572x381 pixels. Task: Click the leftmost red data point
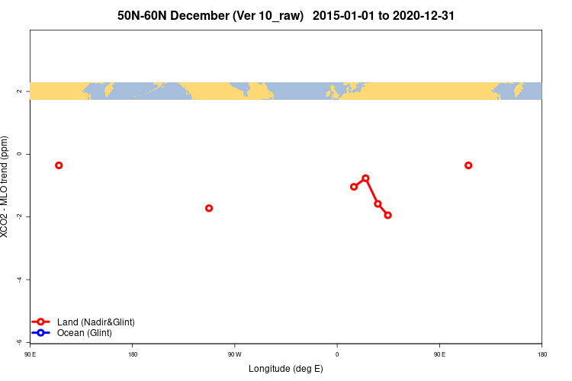click(x=59, y=165)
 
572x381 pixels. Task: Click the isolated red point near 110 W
click(x=209, y=208)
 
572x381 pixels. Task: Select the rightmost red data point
click(x=468, y=165)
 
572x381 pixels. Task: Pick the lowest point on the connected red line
click(x=387, y=215)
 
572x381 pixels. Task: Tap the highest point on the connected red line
click(x=365, y=178)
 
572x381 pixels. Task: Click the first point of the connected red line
click(x=354, y=187)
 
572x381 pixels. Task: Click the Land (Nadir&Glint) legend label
click(x=95, y=322)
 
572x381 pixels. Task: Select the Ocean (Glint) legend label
click(x=84, y=333)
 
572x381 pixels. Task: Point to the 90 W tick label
click(x=234, y=354)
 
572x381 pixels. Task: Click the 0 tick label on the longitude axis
click(x=337, y=354)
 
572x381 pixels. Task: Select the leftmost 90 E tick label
click(x=30, y=354)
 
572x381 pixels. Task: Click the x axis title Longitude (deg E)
click(x=286, y=369)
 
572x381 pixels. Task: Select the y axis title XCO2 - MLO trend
click(x=6, y=187)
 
